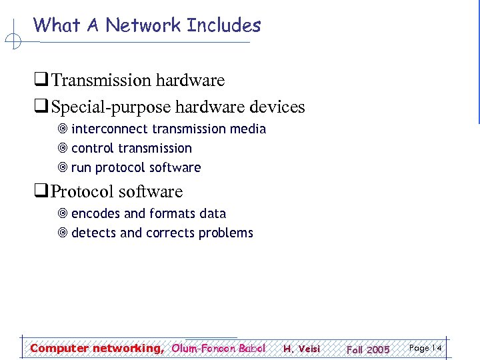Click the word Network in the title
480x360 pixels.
click(144, 25)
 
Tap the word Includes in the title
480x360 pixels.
click(224, 25)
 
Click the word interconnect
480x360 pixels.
click(110, 129)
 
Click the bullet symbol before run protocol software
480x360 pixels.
click(63, 168)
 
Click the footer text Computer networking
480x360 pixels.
click(96, 348)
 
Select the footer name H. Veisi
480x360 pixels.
click(301, 349)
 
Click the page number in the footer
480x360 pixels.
click(426, 348)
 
